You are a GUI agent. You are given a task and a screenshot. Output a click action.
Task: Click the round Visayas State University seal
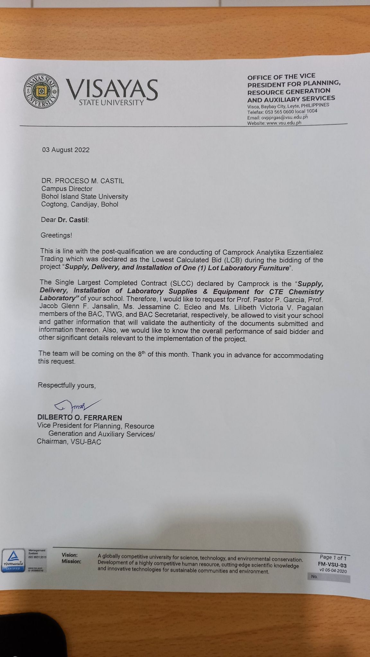[41, 91]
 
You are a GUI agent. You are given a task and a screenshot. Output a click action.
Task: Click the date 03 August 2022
[66, 150]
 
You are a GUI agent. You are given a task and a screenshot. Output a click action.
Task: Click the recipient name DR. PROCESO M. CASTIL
[83, 181]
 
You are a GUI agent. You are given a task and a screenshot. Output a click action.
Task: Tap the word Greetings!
[56, 235]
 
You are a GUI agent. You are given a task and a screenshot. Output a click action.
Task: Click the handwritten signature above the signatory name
[77, 406]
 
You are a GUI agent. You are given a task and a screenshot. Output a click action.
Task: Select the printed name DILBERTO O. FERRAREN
[80, 418]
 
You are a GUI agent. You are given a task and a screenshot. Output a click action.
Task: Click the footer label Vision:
[69, 555]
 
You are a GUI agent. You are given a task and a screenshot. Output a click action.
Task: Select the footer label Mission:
[71, 562]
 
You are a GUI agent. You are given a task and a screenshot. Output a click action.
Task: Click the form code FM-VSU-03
[332, 565]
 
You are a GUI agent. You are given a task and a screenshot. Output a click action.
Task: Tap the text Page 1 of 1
[333, 558]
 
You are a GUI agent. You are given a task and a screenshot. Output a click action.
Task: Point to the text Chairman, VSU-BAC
[69, 442]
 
